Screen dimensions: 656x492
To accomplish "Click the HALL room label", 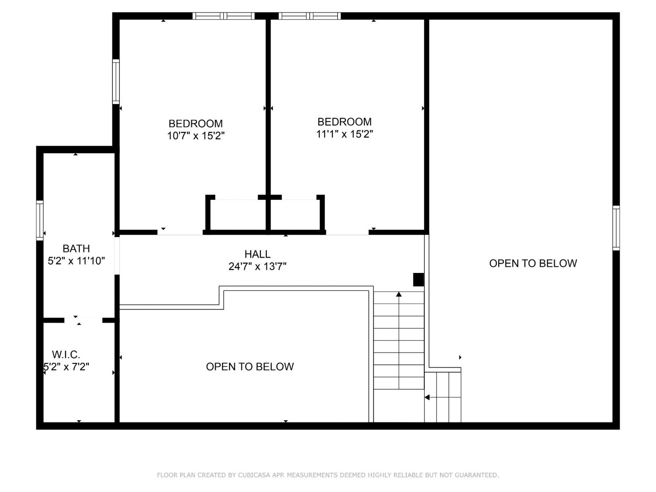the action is pos(257,254).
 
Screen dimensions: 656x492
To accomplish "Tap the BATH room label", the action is pos(76,248).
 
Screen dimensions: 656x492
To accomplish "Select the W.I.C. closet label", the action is pos(66,355).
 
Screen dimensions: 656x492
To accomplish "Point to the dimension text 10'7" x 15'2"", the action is pos(196,136).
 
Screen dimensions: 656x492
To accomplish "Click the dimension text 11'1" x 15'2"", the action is pos(345,134).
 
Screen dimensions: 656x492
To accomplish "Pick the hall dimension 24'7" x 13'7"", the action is pos(257,266).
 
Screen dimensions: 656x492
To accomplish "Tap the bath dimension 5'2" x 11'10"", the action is pos(76,261).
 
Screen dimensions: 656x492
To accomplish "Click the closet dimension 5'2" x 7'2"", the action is pos(66,366).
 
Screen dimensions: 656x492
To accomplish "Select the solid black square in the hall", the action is pos(418,279).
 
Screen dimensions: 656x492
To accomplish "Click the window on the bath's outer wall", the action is pos(40,220).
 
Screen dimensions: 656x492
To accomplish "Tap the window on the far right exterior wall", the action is pos(616,228).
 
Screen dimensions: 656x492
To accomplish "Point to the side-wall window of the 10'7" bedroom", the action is pos(116,81).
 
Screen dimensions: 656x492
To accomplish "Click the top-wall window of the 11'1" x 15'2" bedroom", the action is pos(310,16).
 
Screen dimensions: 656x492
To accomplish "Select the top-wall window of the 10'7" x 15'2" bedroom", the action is pos(223,16).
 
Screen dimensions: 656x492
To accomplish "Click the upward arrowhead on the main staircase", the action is pos(399,294).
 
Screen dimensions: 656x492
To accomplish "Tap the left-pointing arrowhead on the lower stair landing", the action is pos(427,397).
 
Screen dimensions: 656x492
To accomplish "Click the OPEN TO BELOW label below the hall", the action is pos(250,366).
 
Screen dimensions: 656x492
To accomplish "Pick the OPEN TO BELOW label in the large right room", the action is pos(533,263).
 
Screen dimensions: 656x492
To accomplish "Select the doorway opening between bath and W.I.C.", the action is pos(84,320).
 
